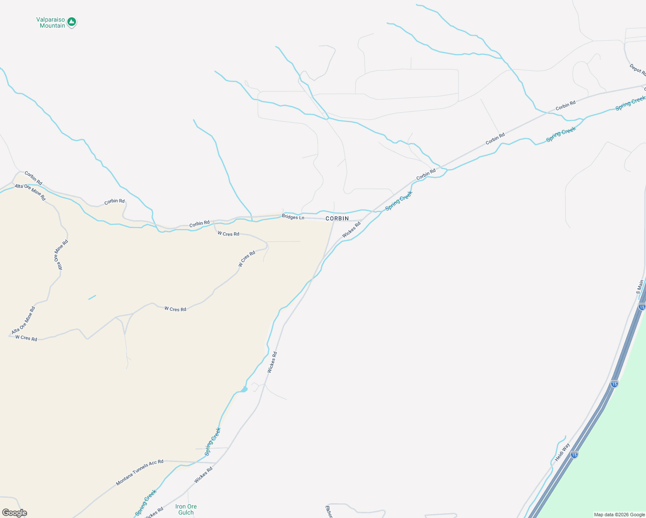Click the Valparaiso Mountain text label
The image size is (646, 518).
51,23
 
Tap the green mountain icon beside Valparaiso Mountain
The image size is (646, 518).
72,22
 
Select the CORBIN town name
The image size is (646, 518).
337,219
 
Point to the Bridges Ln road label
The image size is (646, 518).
293,217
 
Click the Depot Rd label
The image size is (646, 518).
637,69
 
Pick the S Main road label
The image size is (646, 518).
640,287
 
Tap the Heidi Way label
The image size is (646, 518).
562,452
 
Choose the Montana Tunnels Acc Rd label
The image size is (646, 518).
139,473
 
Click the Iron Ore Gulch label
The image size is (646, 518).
186,509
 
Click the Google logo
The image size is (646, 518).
14,513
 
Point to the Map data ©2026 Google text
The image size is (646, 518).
619,515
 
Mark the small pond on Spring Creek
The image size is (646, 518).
244,389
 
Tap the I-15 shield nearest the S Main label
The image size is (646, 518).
642,307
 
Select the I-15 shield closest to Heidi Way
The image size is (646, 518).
574,455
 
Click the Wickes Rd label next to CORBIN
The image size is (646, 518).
351,230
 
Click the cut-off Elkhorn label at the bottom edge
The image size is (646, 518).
329,512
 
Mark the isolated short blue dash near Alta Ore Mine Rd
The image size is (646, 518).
92,297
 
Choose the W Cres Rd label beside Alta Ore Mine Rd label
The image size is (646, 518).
26,338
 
